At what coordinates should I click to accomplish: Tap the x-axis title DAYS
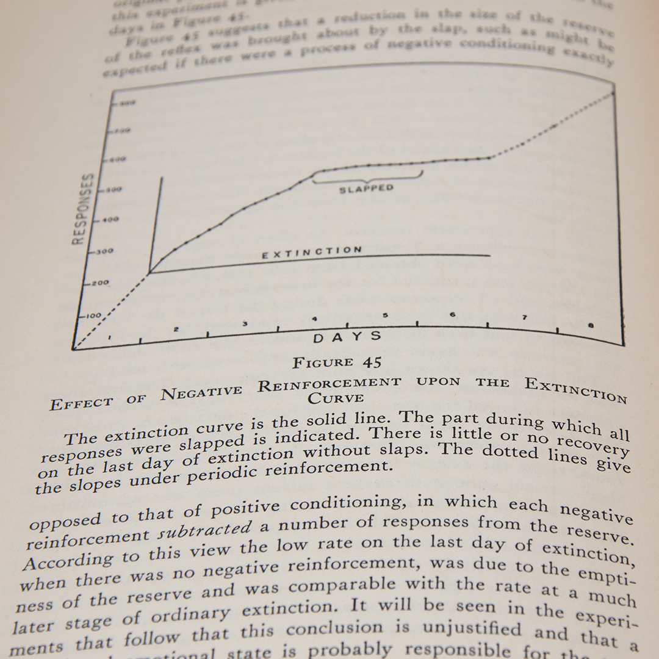click(x=348, y=337)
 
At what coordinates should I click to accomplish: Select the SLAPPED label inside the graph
click(x=366, y=189)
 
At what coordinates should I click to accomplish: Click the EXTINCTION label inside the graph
click(x=312, y=251)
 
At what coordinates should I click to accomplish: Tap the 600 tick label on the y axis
click(x=117, y=159)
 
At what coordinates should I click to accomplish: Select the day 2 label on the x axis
click(x=176, y=329)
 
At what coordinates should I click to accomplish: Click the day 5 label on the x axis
click(x=385, y=316)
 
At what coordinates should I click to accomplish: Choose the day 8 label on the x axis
click(x=591, y=325)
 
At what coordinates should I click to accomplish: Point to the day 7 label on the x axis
click(x=523, y=318)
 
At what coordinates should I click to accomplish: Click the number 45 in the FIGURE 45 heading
click(x=372, y=362)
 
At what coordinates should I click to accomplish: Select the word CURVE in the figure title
click(x=335, y=398)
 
